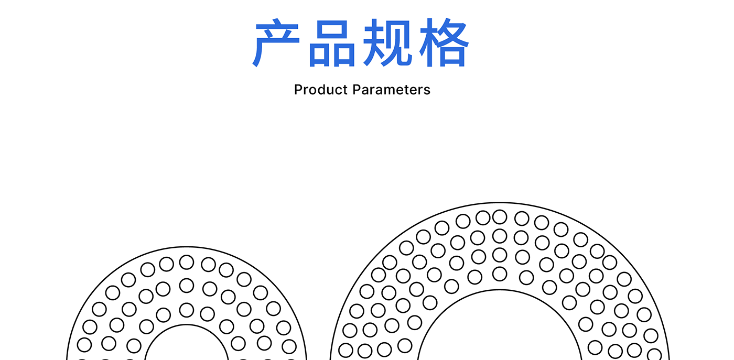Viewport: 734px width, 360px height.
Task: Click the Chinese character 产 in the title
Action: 277,43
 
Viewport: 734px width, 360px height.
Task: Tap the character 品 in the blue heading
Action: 332,43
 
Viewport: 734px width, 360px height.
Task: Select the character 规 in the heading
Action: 388,43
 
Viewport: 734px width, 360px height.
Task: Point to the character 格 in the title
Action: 444,43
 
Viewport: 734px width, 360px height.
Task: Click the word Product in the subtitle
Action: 320,90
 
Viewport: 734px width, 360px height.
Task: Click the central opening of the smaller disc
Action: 187,346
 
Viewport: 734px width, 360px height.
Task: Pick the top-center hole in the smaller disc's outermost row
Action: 187,262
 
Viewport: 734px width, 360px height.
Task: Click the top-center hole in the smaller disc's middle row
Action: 187,286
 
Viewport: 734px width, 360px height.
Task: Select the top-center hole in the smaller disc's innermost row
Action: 187,310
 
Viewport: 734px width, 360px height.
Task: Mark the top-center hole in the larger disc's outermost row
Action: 500,216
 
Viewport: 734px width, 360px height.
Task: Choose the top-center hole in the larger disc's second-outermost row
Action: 500,236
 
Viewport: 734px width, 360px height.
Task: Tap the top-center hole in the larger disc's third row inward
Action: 500,255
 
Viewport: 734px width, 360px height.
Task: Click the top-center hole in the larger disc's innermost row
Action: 500,274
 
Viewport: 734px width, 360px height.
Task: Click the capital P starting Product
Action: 298,90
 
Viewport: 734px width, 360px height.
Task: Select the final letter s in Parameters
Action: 427,90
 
